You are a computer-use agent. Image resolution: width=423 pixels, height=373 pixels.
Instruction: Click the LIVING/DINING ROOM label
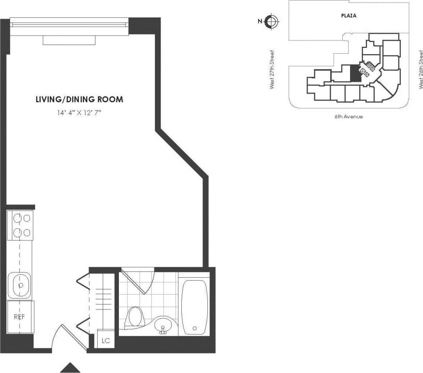79,99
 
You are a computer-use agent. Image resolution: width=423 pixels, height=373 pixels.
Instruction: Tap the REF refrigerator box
20,317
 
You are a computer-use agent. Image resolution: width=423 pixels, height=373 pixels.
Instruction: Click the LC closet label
105,341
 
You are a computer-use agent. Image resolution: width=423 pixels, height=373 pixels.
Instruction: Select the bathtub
194,307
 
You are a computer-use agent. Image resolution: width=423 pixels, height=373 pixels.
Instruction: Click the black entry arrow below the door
70,368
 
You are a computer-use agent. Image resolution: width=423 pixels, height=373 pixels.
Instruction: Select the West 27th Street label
272,70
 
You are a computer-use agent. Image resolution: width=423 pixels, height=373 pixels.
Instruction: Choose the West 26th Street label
420,70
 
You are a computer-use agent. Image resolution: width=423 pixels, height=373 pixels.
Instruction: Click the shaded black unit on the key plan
355,73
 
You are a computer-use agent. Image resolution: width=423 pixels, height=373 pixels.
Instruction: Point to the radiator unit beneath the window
69,40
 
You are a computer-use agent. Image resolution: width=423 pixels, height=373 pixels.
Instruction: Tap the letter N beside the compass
260,21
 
